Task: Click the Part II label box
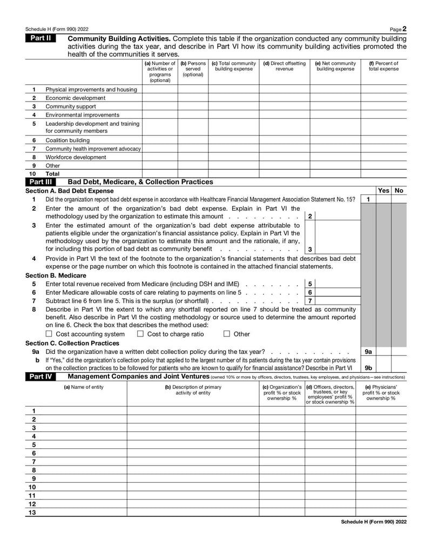[x=40, y=39]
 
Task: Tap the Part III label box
[x=40, y=182]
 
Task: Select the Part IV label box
[x=40, y=376]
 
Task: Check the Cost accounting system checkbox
[x=49, y=334]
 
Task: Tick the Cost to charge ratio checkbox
[x=140, y=334]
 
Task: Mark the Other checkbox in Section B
[x=227, y=334]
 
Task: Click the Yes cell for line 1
[x=383, y=199]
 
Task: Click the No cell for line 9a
[x=399, y=351]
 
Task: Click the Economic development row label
[x=75, y=98]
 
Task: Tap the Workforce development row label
[x=76, y=157]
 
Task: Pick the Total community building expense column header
[x=234, y=66]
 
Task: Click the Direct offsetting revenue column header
[x=285, y=66]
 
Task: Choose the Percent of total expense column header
[x=383, y=66]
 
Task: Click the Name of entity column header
[x=84, y=387]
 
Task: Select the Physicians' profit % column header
[x=381, y=392]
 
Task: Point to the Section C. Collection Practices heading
[x=72, y=343]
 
